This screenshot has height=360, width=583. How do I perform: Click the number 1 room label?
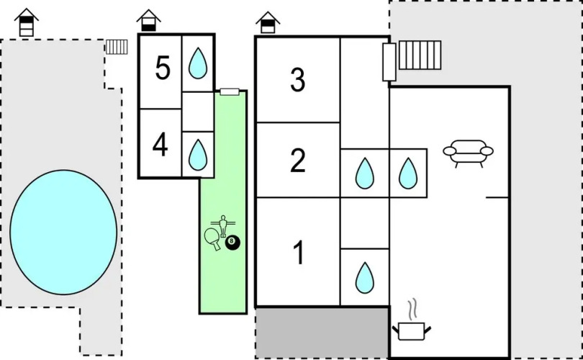point(298,253)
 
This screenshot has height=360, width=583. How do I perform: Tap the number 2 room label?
point(298,160)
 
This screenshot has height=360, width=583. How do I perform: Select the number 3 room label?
point(298,80)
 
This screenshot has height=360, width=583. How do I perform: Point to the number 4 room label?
point(161,145)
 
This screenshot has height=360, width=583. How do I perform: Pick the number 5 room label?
point(163,68)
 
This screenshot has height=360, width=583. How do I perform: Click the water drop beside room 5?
point(197,63)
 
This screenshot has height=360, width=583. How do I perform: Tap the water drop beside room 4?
point(197,153)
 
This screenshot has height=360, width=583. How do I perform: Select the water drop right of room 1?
point(365,276)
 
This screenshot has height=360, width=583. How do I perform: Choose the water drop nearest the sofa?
point(408,173)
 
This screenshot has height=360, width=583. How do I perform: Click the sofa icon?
point(468,152)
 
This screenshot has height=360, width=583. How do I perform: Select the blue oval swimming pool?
point(63,232)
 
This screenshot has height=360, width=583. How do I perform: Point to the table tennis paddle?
point(213,238)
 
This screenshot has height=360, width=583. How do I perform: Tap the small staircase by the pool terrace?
point(116,47)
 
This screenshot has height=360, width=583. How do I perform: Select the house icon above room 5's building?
point(149,20)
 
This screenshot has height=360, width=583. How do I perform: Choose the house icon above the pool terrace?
point(27,22)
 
